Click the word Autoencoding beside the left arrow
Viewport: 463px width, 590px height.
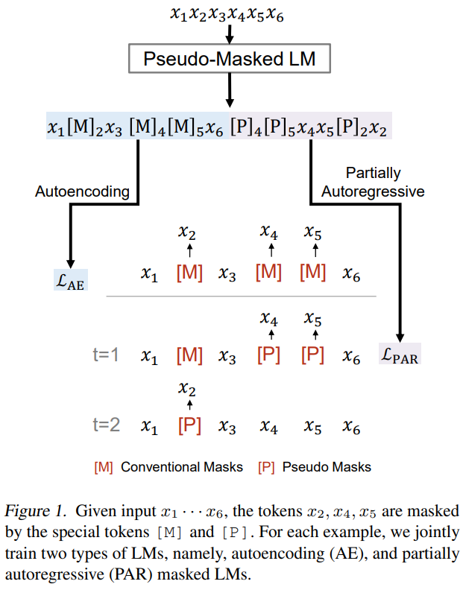82,191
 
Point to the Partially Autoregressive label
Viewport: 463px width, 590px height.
372,182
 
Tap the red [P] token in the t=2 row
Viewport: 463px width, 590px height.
190,425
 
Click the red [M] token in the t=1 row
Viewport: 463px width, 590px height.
190,355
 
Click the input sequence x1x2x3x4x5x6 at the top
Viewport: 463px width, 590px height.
230,13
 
